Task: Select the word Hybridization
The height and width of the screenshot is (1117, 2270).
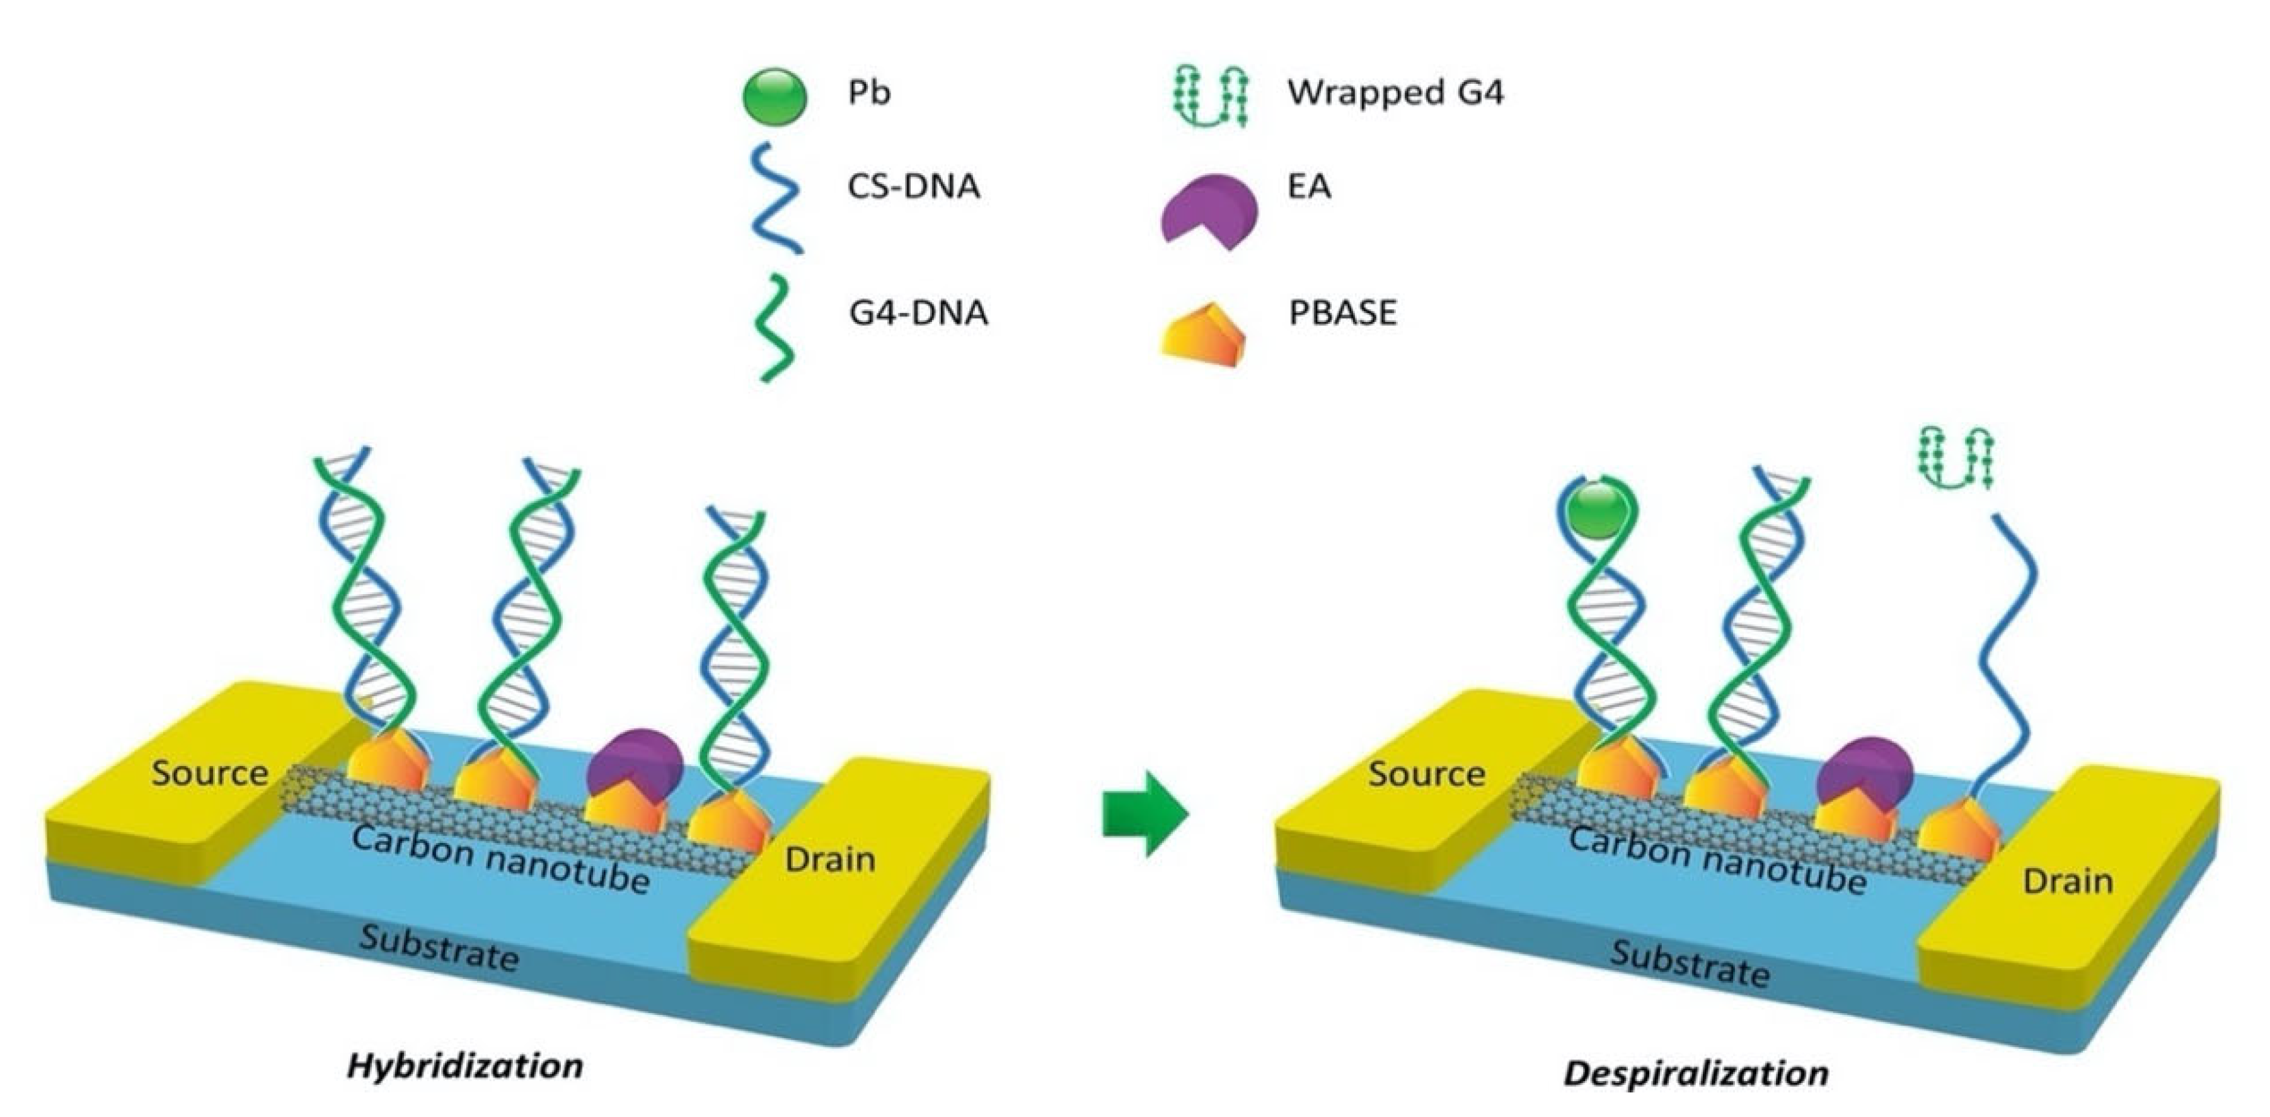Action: [x=464, y=1066]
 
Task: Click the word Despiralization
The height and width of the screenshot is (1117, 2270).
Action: [x=1695, y=1073]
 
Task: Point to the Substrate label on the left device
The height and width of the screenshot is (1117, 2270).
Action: [x=438, y=949]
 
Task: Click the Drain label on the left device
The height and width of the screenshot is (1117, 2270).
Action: [x=829, y=859]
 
